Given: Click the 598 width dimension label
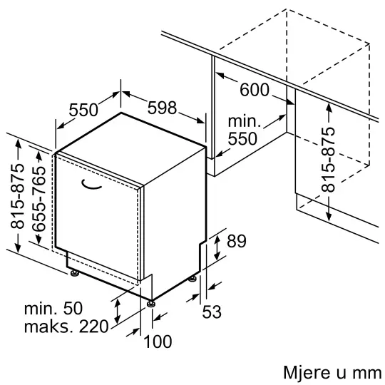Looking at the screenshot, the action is click(x=162, y=108).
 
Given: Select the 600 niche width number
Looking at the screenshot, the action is click(x=255, y=90).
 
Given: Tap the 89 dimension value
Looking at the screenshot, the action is click(x=236, y=241).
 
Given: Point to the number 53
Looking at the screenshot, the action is click(x=212, y=312).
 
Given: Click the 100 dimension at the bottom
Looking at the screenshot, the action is click(x=158, y=342).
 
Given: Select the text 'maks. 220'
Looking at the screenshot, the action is click(x=66, y=327).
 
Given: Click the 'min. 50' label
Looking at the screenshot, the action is click(x=53, y=308).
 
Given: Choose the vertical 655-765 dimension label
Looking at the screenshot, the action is click(x=39, y=199).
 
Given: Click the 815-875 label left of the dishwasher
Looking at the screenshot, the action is click(x=18, y=196).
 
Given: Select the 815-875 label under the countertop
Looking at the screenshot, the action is click(x=328, y=160).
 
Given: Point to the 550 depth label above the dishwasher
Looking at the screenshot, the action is click(x=83, y=110).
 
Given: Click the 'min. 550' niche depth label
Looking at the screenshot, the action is click(x=245, y=130).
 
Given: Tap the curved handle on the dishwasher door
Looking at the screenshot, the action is click(x=91, y=185).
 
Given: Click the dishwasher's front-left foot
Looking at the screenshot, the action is click(x=74, y=273).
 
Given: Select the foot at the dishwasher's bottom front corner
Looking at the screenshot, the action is click(x=150, y=304).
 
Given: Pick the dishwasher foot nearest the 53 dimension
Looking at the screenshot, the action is click(x=192, y=279).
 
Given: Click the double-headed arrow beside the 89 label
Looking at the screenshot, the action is click(x=217, y=247).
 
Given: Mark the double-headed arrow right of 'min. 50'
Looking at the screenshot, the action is click(x=118, y=312).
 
